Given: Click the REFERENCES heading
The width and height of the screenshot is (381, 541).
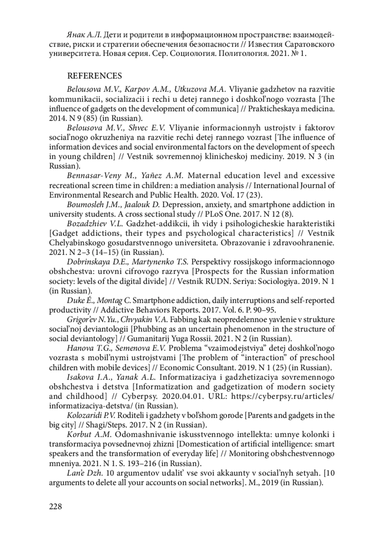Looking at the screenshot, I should (x=94, y=76).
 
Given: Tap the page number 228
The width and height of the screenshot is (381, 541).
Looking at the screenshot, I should (x=56, y=506).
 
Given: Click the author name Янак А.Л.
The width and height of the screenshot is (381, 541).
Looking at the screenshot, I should (x=84, y=34).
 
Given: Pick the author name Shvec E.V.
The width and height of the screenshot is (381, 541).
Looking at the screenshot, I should (x=147, y=128).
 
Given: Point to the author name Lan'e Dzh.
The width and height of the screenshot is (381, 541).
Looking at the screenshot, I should (x=85, y=473).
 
